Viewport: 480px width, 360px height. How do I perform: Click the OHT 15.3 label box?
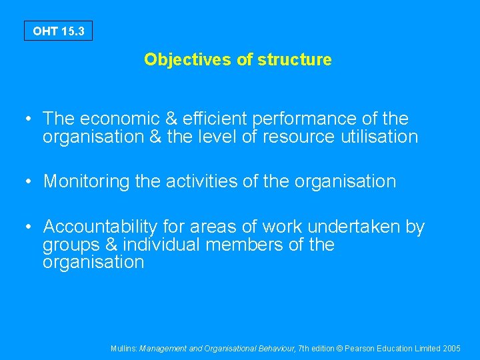point(58,31)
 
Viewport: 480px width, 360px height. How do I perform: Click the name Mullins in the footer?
point(124,348)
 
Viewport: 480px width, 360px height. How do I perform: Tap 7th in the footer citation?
point(303,348)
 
